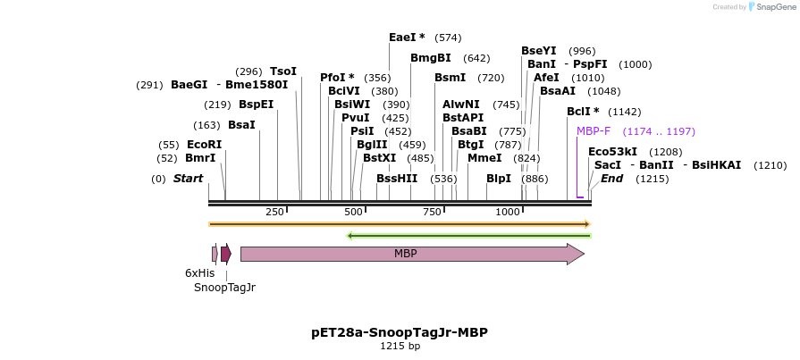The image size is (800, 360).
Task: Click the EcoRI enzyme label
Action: pyautogui.click(x=204, y=145)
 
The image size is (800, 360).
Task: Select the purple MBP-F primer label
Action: pyautogui.click(x=594, y=131)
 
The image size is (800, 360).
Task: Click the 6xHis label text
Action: pyautogui.click(x=200, y=272)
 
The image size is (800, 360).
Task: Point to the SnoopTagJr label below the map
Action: pyautogui.click(x=224, y=288)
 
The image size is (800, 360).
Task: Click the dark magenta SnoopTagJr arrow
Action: pyautogui.click(x=226, y=254)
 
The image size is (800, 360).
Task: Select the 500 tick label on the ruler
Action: pyautogui.click(x=354, y=211)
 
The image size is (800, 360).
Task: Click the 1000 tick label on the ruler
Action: pyautogui.click(x=508, y=211)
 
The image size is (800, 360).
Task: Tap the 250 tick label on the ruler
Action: pyautogui.click(x=274, y=211)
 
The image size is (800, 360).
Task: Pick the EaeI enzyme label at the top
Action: pyautogui.click(x=407, y=38)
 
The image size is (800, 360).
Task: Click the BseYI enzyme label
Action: pyautogui.click(x=539, y=51)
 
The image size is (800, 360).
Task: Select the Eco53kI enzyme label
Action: pyautogui.click(x=613, y=152)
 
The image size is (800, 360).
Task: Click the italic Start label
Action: pyautogui.click(x=188, y=179)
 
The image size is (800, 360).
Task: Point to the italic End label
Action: pyautogui.click(x=611, y=179)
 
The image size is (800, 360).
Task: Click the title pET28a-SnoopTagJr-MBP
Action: pyautogui.click(x=400, y=332)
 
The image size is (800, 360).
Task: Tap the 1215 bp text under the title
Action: pyautogui.click(x=400, y=346)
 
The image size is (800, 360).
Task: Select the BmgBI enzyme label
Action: pyautogui.click(x=431, y=58)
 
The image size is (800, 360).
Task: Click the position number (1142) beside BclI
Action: pyautogui.click(x=625, y=112)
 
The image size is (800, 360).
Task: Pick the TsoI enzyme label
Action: pyautogui.click(x=283, y=71)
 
